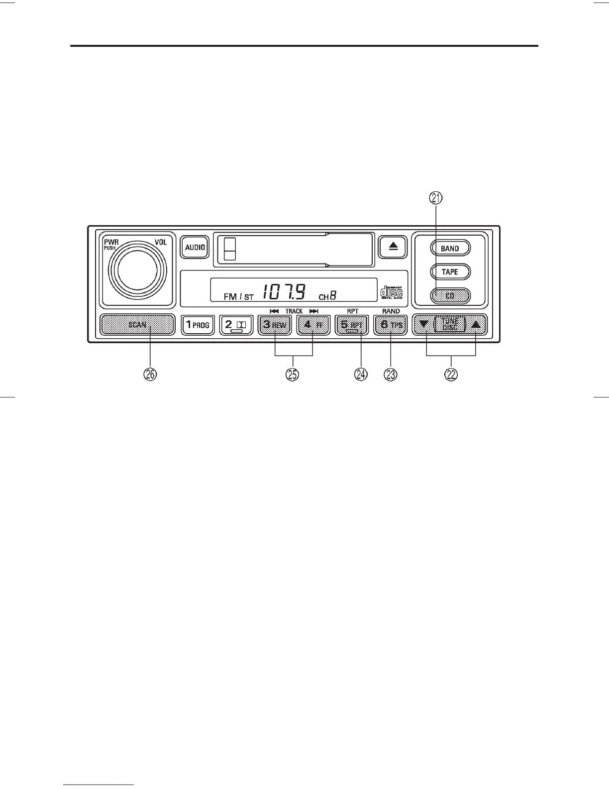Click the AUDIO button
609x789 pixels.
pyautogui.click(x=195, y=247)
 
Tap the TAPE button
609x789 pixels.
pyautogui.click(x=450, y=272)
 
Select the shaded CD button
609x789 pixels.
pyautogui.click(x=450, y=296)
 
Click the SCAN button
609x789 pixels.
pyautogui.click(x=137, y=325)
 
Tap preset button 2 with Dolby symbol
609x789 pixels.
pyautogui.click(x=236, y=325)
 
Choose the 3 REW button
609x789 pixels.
pyautogui.click(x=275, y=325)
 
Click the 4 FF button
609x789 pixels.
pyautogui.click(x=313, y=325)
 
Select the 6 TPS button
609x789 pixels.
pyautogui.click(x=391, y=325)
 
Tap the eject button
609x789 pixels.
pyautogui.click(x=393, y=247)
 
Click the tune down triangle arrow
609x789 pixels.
pyautogui.click(x=424, y=324)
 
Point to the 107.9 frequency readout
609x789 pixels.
pyautogui.click(x=284, y=292)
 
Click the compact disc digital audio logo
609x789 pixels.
pyautogui.click(x=392, y=292)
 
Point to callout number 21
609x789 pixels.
pyautogui.click(x=436, y=198)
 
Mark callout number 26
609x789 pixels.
pyautogui.click(x=150, y=375)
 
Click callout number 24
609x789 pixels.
pyautogui.click(x=361, y=375)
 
